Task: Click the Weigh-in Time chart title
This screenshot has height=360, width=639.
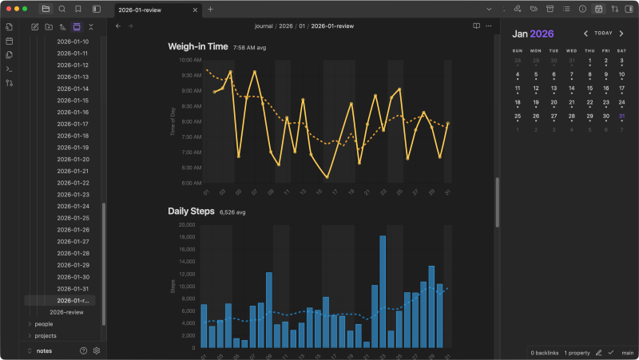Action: [197, 46]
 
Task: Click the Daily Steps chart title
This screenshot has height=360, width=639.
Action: [191, 212]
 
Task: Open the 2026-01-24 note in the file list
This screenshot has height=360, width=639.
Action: [73, 206]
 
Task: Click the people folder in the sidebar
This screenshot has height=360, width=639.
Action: [45, 324]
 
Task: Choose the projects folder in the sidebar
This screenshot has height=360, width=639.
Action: [46, 336]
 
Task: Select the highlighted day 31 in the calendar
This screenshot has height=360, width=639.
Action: [621, 116]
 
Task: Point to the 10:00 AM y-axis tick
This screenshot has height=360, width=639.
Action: [189, 60]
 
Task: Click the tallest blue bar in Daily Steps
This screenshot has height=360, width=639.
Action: [383, 291]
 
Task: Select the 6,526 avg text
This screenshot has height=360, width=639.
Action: [232, 213]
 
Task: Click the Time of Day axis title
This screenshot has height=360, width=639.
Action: [173, 121]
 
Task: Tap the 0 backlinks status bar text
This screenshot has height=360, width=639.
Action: [544, 352]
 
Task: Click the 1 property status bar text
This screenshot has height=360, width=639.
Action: [577, 352]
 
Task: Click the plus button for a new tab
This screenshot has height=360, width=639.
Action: [211, 10]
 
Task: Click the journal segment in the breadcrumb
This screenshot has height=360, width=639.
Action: [264, 26]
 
